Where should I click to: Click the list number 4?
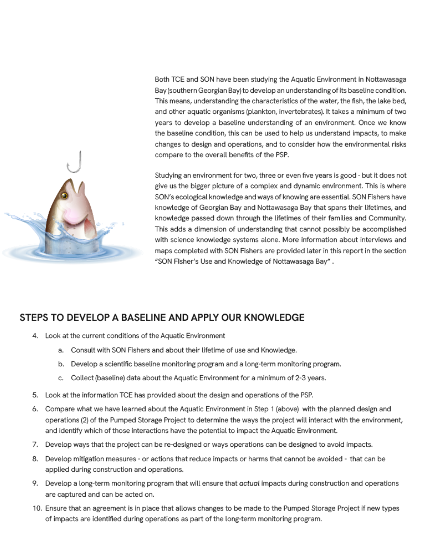(35, 336)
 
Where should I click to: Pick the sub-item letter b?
(61, 364)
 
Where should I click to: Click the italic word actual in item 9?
(249, 484)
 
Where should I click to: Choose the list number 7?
(35, 445)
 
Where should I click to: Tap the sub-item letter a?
(61, 350)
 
